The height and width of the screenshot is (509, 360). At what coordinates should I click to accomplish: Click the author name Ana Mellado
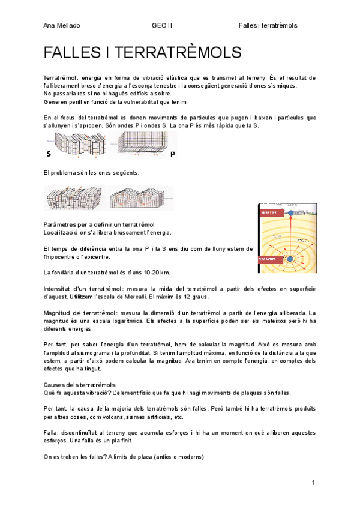tap(62, 25)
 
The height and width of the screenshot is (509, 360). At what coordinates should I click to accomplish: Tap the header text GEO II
tap(162, 25)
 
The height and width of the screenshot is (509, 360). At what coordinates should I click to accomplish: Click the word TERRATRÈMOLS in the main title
tap(173, 53)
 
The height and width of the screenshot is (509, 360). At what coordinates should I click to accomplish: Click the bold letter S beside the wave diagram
tap(48, 154)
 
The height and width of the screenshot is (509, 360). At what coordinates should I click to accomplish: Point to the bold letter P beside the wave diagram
tap(172, 154)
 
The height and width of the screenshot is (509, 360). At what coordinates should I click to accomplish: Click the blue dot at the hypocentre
tap(290, 259)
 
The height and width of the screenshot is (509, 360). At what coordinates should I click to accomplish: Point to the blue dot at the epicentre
tap(291, 212)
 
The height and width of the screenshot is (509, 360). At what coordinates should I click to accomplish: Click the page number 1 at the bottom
tap(313, 483)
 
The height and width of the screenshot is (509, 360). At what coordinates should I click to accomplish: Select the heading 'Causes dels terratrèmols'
tap(79, 384)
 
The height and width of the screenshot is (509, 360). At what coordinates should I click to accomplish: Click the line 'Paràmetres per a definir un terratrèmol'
tap(99, 224)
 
